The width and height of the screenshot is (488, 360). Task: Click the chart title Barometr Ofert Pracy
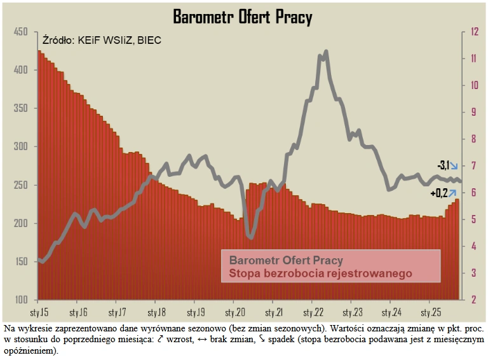pos(243,17)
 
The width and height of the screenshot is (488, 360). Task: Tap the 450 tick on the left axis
pos(21,32)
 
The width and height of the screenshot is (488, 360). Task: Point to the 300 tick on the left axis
pos(21,147)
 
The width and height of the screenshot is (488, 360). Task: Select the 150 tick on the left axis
pos(21,261)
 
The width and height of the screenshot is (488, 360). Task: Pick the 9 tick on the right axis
pos(473,113)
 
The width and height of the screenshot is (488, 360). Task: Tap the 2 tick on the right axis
pos(473,300)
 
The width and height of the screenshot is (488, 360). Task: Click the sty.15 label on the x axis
pos(39,313)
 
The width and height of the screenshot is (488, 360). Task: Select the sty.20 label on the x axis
pos(234,313)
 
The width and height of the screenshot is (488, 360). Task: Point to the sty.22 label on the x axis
pos(312,313)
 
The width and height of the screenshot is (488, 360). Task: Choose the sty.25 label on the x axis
pos(429,313)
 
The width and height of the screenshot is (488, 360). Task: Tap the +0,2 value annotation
pos(439,193)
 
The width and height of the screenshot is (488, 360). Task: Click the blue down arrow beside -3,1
pos(454,166)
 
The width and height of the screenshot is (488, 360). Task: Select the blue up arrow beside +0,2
pos(453,193)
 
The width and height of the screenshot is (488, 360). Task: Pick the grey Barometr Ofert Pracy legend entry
pos(286,261)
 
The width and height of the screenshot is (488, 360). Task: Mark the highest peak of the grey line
pos(326,52)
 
